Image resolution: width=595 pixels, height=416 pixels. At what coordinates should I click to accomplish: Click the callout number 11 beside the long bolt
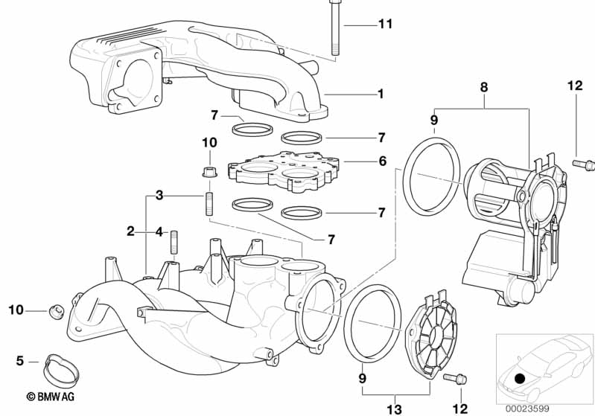coord(385,25)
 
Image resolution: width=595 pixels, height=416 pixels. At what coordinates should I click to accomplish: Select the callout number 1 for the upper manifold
coord(381,94)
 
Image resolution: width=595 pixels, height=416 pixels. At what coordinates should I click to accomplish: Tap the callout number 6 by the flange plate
coord(383,161)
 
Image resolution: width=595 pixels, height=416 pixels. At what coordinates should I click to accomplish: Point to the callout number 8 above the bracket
coord(484,88)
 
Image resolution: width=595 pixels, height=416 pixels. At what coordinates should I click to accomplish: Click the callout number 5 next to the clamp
coord(20,361)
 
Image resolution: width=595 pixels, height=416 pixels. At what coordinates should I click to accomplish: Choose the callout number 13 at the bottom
coord(394,409)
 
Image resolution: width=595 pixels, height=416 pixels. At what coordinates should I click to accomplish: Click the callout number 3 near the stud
coord(159,196)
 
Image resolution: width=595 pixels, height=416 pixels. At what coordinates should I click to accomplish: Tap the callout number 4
coord(160,231)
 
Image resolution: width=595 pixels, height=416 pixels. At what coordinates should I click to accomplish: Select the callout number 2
coord(130,231)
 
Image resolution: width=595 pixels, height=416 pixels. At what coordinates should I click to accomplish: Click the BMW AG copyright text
coord(51,397)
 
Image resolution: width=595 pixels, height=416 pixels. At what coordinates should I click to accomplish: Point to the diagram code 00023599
coord(527,409)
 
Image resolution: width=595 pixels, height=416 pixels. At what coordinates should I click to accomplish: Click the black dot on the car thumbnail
coord(520,378)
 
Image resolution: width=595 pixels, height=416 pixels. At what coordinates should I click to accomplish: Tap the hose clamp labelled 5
coord(62,368)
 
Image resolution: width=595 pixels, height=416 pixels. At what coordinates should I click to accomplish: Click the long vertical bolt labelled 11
coord(334,28)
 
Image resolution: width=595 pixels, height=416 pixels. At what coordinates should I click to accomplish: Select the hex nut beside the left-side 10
coord(56,312)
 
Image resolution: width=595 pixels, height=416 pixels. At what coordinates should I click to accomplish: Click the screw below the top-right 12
coord(583,164)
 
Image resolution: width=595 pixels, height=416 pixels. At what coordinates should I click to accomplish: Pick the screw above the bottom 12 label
coord(455,378)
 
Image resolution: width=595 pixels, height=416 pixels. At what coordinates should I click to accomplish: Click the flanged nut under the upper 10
coord(209,172)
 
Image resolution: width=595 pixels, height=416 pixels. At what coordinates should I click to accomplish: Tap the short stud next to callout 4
coord(174,243)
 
